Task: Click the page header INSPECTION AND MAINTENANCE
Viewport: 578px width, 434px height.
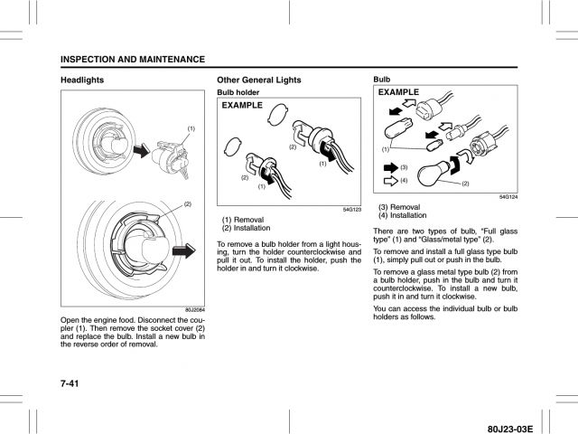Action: click(133, 59)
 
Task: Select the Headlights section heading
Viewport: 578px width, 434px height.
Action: click(81, 80)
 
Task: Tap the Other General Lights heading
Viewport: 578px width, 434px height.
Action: click(259, 80)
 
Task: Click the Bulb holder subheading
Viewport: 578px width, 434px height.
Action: click(239, 92)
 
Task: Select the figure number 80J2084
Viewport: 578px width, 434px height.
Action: click(193, 310)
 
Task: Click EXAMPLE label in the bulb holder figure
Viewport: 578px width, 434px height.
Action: click(243, 106)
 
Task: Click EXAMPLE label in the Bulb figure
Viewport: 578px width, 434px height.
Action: click(399, 93)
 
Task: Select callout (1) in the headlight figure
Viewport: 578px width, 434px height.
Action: click(191, 128)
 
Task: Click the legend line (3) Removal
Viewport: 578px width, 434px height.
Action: click(398, 207)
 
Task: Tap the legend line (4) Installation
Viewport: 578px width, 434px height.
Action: click(402, 215)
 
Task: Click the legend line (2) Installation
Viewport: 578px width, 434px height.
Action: click(244, 227)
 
